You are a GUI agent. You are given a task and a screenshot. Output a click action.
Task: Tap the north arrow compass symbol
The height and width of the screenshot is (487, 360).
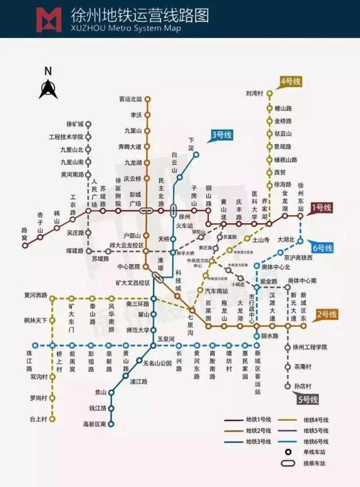click(48, 88)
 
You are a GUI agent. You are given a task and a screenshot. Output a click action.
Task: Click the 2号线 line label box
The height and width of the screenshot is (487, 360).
click(326, 314)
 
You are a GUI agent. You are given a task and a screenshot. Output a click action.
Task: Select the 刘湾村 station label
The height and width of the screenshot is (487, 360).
click(256, 93)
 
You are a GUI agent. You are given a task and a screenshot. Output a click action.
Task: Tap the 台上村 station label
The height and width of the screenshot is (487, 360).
click(38, 418)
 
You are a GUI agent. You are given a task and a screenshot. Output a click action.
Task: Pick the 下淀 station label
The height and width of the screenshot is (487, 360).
click(192, 143)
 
